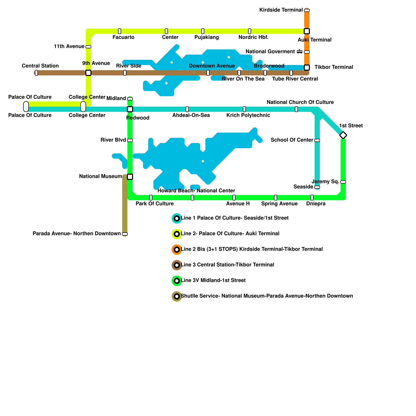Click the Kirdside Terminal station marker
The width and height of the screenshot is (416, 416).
click(x=307, y=10)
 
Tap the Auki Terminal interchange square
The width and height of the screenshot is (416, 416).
click(x=307, y=31)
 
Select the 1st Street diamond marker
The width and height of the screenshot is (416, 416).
click(x=343, y=135)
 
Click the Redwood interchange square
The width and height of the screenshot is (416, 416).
click(x=130, y=109)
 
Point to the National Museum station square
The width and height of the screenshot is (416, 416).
click(x=130, y=177)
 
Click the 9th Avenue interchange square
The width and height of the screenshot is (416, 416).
click(x=88, y=73)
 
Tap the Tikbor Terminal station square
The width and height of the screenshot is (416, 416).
click(x=307, y=68)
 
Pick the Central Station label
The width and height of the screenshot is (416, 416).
click(x=40, y=66)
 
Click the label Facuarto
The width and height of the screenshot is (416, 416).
click(x=123, y=37)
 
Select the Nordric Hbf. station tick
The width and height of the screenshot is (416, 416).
click(x=250, y=31)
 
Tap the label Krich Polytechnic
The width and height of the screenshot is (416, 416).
click(x=248, y=115)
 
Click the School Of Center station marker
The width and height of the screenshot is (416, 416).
click(x=317, y=140)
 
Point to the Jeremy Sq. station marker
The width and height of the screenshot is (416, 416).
click(x=343, y=182)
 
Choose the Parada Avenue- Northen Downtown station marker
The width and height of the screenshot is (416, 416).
click(x=125, y=234)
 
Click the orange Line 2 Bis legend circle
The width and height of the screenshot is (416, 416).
click(x=177, y=250)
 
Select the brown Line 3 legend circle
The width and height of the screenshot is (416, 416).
click(x=177, y=265)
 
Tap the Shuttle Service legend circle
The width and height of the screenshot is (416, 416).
click(x=177, y=296)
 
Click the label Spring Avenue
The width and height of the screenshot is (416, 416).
click(x=279, y=204)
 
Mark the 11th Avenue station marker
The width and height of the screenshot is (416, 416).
click(x=88, y=47)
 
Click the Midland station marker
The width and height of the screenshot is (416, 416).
click(x=130, y=99)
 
